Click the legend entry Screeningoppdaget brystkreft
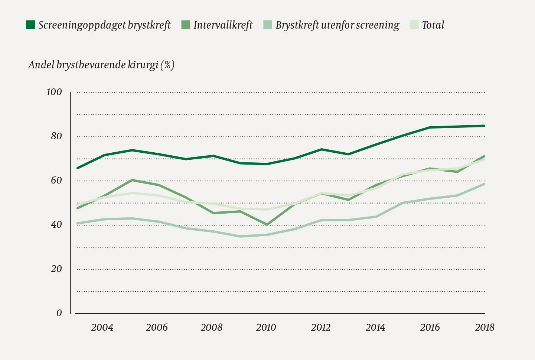click(x=104, y=25)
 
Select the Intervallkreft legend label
click(x=223, y=25)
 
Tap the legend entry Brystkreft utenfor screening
click(x=337, y=25)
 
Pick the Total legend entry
click(x=433, y=25)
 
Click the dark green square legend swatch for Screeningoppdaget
click(x=30, y=25)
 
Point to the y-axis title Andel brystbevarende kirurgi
click(x=101, y=65)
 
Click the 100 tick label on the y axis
click(x=54, y=92)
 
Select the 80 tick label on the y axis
click(x=56, y=136)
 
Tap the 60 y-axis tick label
click(x=56, y=181)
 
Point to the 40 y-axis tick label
click(x=56, y=225)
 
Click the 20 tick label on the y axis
click(x=56, y=269)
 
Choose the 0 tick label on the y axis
click(x=59, y=313)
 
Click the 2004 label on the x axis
click(x=102, y=327)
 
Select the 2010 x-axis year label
click(x=266, y=327)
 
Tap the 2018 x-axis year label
click(x=485, y=327)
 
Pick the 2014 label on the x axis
click(x=375, y=327)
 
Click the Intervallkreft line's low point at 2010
click(x=267, y=225)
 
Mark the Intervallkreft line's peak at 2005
click(x=132, y=180)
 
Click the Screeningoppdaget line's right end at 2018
click(x=484, y=126)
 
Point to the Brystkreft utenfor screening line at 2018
click(x=484, y=184)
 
